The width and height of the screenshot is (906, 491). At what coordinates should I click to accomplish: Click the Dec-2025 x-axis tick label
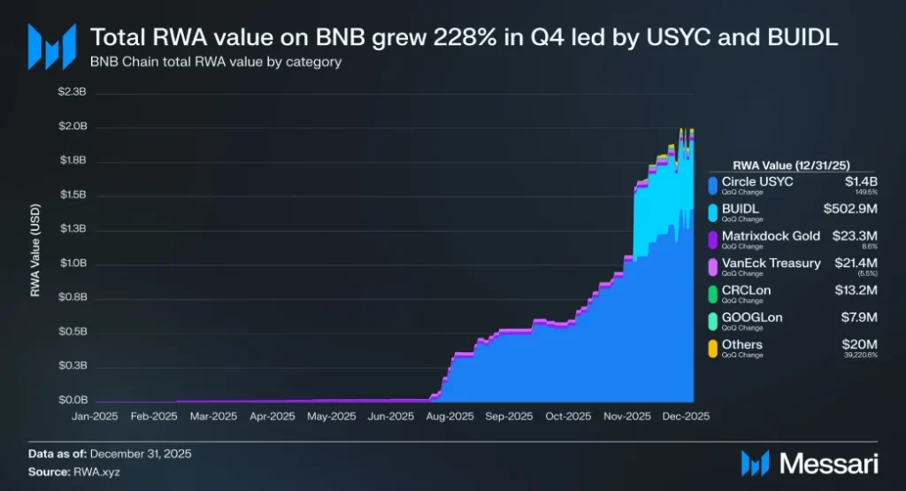[686, 415]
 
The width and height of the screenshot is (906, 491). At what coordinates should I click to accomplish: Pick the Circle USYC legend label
[757, 181]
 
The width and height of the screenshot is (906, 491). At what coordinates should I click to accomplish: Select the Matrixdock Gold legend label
[771, 235]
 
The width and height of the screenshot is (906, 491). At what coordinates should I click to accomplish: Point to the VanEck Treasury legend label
[771, 263]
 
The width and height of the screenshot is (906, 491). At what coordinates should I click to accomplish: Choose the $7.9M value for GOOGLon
[857, 317]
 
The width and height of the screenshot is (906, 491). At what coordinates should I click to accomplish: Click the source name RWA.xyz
[97, 472]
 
